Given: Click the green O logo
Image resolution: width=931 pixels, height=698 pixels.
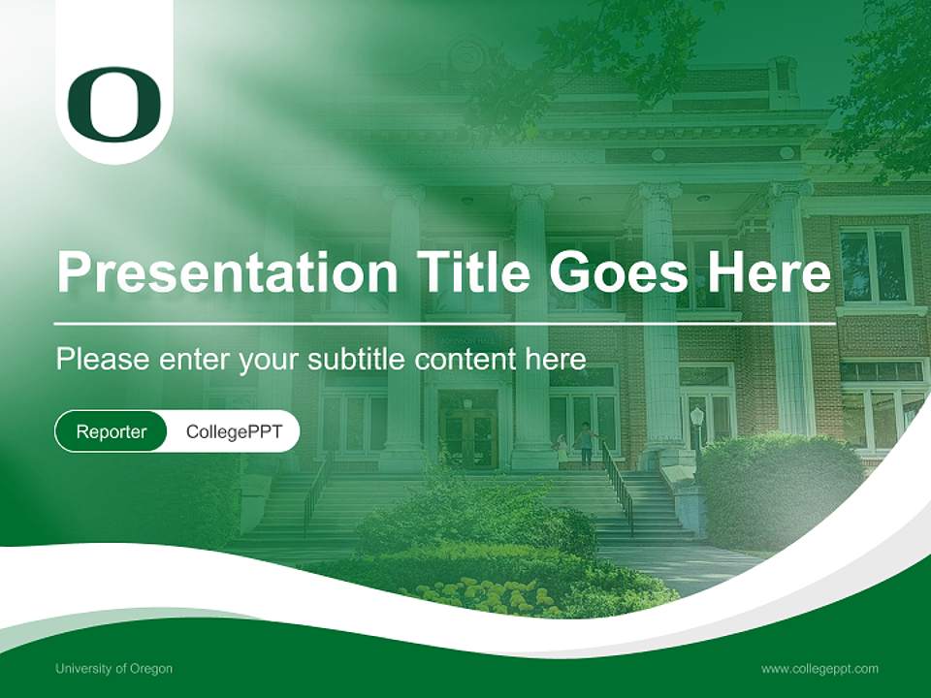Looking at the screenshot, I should click(x=113, y=103).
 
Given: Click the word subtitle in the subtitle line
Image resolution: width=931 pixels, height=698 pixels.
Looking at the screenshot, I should click(x=358, y=359).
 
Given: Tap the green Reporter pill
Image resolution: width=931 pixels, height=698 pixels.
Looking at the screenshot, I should click(x=111, y=431).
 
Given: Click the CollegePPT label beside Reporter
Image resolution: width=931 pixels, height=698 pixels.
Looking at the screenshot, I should click(x=234, y=431).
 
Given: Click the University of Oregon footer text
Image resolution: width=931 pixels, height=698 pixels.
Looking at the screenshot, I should click(x=113, y=668).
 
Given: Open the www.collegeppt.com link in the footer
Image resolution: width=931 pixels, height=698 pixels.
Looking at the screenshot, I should click(x=819, y=668).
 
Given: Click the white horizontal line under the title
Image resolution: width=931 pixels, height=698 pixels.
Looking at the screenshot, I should click(x=445, y=324).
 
